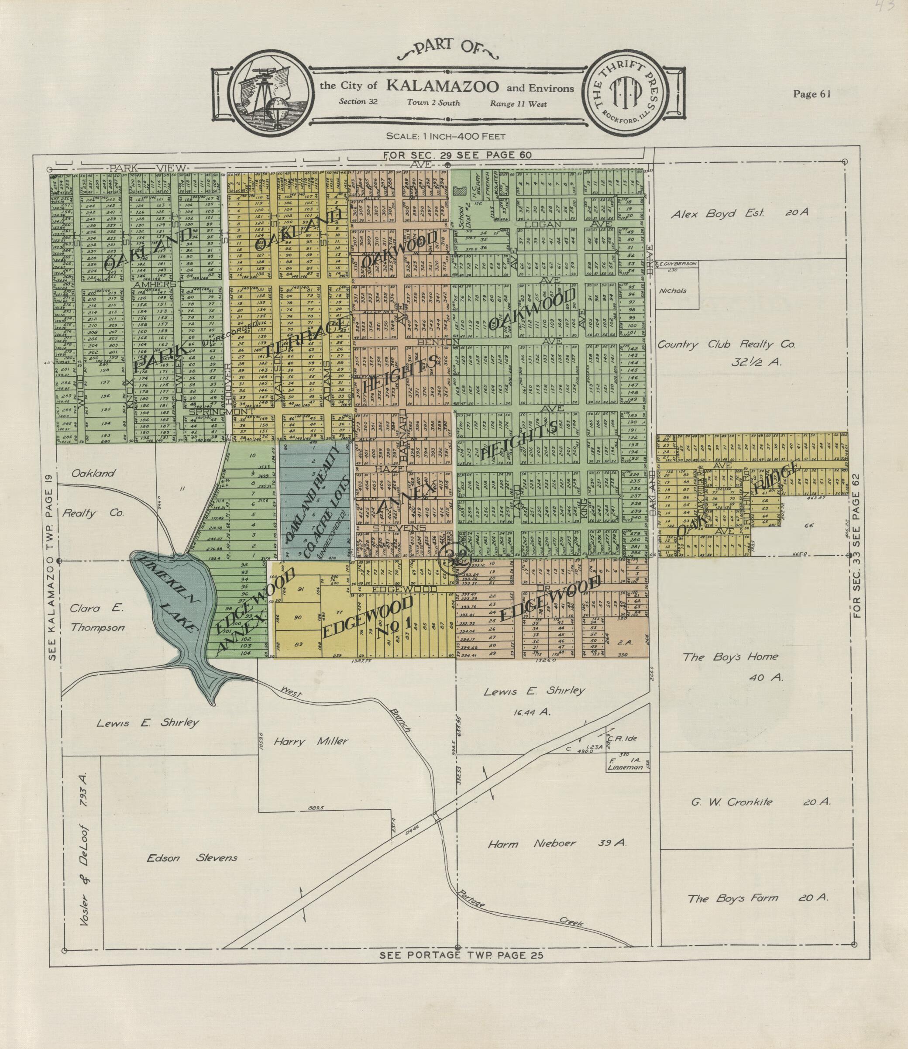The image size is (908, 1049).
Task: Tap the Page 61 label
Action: coord(812,94)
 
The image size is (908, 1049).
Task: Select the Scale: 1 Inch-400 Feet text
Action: coord(445,136)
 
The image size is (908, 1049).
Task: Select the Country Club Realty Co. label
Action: coord(726,344)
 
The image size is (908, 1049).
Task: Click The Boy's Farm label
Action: coord(732,898)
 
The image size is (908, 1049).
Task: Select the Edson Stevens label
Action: coord(192,858)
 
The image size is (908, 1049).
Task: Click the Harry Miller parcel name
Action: coord(311,741)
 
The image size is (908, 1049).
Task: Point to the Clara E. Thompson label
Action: coord(97,618)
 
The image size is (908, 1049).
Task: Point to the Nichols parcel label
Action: coord(672,291)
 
